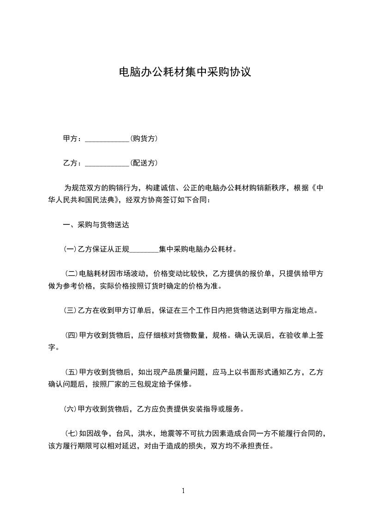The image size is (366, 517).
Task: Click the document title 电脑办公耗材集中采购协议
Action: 185,72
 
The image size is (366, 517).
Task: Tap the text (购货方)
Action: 144,138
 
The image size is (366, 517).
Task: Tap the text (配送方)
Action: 144,163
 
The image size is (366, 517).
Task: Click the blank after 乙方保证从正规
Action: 144,250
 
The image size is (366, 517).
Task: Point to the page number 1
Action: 183,491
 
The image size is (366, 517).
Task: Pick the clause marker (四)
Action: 72,335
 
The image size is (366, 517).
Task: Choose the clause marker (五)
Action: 72,371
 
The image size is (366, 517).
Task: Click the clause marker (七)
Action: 72,433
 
